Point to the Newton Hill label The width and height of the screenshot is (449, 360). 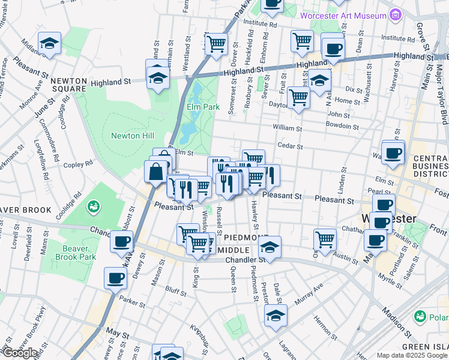click(x=133, y=136)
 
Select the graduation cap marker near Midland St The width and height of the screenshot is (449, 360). click(x=50, y=43)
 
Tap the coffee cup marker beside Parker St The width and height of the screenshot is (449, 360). click(x=115, y=277)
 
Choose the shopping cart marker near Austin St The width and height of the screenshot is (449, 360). click(x=325, y=238)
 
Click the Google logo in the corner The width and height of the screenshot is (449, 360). click(x=20, y=353)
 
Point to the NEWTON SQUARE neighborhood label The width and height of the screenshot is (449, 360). click(x=68, y=85)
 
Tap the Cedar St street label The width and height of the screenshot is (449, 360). click(x=290, y=145)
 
